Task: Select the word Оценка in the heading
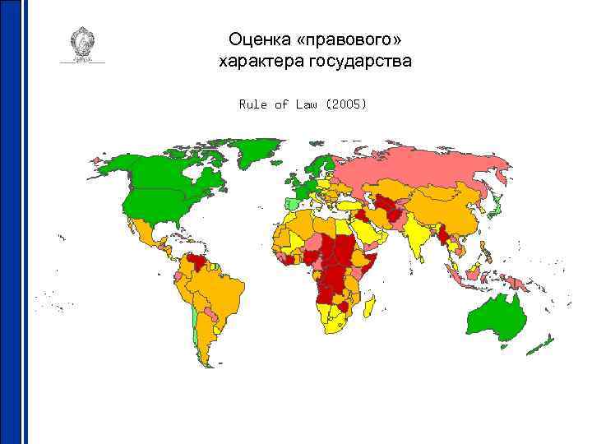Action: pos(258,39)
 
